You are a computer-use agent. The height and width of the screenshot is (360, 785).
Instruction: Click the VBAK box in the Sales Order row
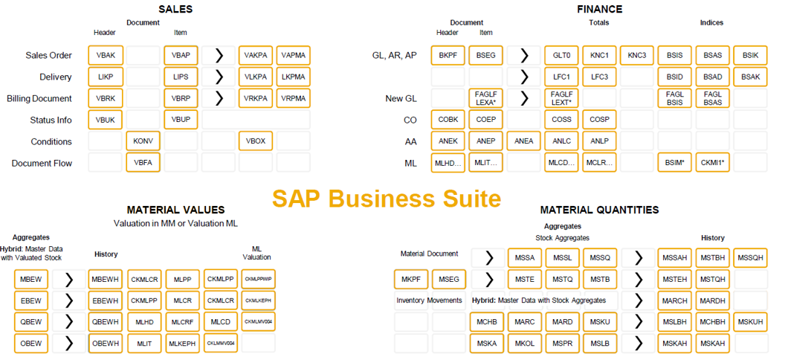pos(105,55)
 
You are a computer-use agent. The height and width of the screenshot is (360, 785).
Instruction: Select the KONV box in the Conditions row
pos(143,141)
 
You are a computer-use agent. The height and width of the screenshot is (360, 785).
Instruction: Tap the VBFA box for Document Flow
pos(143,163)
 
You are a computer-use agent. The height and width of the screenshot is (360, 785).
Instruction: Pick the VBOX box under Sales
pos(256,141)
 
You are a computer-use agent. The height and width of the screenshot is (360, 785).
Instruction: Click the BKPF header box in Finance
pos(448,55)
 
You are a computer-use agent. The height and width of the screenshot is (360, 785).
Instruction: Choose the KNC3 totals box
pos(637,55)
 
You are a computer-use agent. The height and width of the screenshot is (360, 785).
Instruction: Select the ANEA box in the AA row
pos(524,141)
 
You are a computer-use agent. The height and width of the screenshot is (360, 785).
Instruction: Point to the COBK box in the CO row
pos(448,120)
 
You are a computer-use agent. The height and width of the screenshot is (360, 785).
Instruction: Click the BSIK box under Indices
pos(751,55)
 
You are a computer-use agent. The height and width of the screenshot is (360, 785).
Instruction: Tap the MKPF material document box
pos(411,279)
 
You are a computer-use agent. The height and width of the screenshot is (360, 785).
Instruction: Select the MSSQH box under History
pos(751,257)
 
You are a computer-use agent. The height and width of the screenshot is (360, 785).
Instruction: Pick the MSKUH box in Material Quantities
pos(751,322)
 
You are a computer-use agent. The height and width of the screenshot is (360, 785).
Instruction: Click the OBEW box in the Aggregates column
pos(31,343)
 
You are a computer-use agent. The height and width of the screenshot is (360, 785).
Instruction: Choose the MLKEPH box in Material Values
pos(183,343)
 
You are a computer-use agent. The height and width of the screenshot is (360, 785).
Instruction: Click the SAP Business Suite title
pos(386,199)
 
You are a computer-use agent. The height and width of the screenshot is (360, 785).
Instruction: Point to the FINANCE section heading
pos(599,9)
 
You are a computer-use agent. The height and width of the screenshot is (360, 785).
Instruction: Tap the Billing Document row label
pos(39,99)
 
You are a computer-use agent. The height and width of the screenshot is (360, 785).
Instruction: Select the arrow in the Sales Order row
pos(219,55)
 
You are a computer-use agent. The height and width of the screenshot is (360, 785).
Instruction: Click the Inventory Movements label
pos(430,300)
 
